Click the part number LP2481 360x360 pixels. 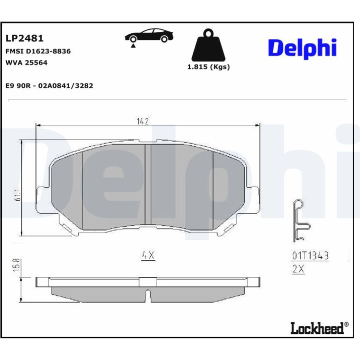point(24,38)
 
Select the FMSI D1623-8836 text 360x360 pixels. point(38,51)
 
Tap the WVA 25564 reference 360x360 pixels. point(26,63)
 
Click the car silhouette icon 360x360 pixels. point(149,36)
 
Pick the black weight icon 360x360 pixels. point(209,45)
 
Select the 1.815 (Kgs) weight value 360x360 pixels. point(209,67)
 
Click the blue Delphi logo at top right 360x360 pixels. point(302,49)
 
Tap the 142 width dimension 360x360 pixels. point(143,121)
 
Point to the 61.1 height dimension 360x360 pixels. point(18,194)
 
